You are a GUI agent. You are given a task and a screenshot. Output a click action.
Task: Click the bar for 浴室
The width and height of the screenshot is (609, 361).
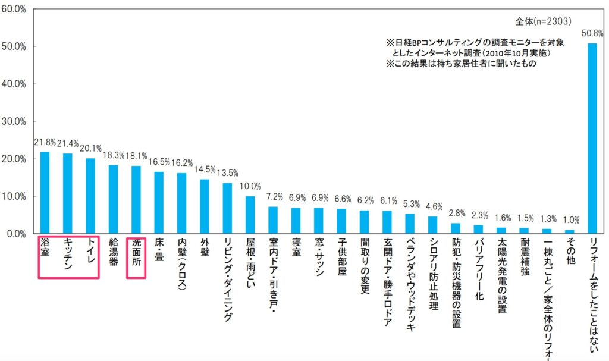45,193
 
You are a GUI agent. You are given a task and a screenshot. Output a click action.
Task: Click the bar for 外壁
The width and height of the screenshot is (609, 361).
204,206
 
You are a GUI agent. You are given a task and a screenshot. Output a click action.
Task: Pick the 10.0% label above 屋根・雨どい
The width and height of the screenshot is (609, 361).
250,186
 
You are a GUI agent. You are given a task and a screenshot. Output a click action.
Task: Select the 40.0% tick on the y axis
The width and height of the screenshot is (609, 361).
14,84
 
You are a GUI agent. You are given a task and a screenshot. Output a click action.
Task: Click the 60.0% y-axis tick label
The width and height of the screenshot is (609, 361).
14,9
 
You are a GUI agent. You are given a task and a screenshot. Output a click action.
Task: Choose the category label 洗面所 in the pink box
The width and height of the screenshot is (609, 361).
136,255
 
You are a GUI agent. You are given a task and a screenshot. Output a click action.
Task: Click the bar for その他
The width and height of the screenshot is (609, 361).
569,231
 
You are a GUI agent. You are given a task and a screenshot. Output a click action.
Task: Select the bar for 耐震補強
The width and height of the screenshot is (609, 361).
523,231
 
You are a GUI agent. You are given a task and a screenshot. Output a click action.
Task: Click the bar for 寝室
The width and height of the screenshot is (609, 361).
296,221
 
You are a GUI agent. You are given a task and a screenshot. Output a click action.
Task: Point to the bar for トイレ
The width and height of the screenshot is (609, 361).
90,196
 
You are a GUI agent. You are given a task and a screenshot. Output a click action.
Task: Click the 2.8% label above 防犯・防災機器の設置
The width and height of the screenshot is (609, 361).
456,213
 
